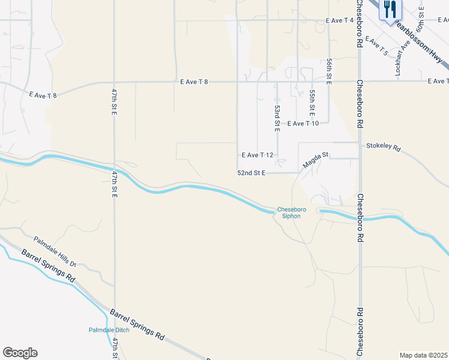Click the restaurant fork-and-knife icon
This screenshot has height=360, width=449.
tap(390, 10)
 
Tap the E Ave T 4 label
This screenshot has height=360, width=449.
tap(339, 20)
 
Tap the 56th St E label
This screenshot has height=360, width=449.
tap(330, 71)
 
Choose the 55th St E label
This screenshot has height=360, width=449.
tap(312, 103)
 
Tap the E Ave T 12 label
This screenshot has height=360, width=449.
tap(258, 155)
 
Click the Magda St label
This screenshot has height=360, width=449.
tap(316, 159)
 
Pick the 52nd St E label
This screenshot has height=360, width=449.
tap(252, 173)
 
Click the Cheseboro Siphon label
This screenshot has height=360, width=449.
tap(292, 213)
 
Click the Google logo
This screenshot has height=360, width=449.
tap(20, 353)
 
